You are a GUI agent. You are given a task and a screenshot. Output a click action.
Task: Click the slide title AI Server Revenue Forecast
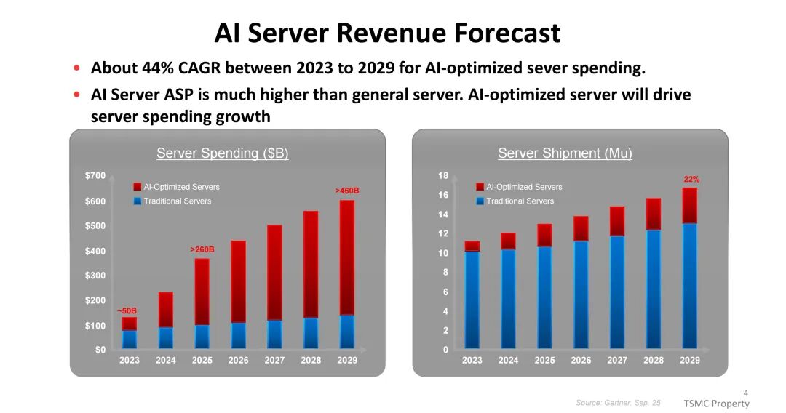pyautogui.click(x=387, y=33)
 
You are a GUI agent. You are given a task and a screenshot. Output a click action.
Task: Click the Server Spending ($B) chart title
pyautogui.click(x=222, y=153)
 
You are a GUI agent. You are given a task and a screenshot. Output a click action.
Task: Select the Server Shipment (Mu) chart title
pyautogui.click(x=565, y=153)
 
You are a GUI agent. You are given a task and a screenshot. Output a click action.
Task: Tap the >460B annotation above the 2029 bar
pyautogui.click(x=347, y=191)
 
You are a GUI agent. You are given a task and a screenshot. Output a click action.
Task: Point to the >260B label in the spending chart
pyautogui.click(x=202, y=249)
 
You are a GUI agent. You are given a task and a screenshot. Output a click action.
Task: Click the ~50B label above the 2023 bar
pyautogui.click(x=127, y=310)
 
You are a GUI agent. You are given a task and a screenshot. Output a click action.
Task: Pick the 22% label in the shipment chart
pyautogui.click(x=691, y=179)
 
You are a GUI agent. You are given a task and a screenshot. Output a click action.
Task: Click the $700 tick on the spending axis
pyautogui.click(x=95, y=176)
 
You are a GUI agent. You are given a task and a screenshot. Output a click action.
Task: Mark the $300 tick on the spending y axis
pyautogui.click(x=95, y=276)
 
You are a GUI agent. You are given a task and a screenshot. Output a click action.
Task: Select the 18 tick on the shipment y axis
pyautogui.click(x=442, y=176)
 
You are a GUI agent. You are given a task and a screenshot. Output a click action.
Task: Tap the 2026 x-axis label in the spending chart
pyautogui.click(x=238, y=361)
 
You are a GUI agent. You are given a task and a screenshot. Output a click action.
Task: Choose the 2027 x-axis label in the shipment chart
pyautogui.click(x=617, y=361)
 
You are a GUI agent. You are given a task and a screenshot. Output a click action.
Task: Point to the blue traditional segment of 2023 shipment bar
pyautogui.click(x=472, y=298)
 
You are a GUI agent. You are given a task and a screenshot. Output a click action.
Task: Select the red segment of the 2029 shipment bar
pyautogui.click(x=690, y=205)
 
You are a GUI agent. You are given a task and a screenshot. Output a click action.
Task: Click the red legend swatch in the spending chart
pyautogui.click(x=138, y=187)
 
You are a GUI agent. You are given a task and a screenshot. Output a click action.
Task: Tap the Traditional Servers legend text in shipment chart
pyautogui.click(x=520, y=201)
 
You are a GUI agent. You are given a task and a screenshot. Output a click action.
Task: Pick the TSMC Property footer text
pyautogui.click(x=716, y=404)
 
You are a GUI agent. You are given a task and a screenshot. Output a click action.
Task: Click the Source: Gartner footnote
pyautogui.click(x=618, y=402)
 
